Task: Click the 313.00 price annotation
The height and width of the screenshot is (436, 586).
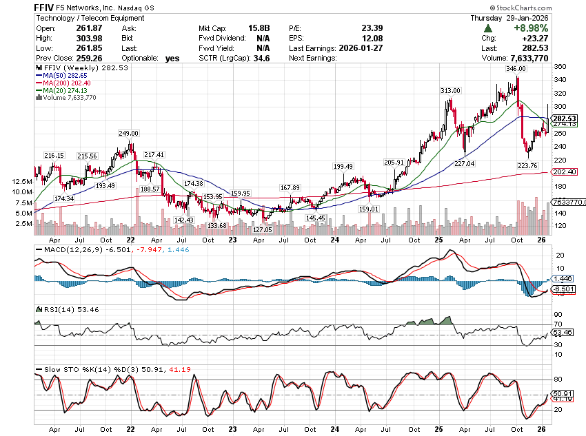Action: pos(450,91)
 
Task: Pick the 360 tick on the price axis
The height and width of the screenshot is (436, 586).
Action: pos(560,67)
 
